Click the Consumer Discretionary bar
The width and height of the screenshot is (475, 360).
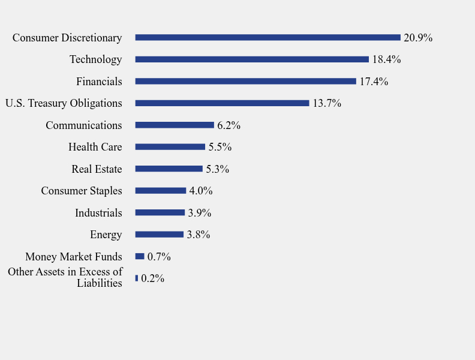267,37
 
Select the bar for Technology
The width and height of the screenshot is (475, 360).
252,59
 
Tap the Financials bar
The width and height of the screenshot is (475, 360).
245,81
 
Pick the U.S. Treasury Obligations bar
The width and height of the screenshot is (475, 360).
222,103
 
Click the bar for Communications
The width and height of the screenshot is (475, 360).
175,125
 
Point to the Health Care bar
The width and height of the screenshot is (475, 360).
170,147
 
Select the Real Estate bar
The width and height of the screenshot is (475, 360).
169,169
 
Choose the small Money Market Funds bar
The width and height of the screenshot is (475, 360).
140,256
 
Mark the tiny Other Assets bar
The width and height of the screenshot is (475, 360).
137,278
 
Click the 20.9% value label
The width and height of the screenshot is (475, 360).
418,38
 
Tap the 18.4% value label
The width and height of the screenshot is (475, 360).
386,59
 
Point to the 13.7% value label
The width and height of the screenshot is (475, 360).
327,103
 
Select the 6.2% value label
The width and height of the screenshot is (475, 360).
229,125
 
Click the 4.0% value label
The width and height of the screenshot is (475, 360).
201,191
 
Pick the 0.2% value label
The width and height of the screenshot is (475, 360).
153,278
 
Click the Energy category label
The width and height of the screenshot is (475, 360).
106,235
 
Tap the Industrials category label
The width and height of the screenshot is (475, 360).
98,213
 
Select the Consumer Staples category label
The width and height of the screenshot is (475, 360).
82,191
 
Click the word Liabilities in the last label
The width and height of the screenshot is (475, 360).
100,283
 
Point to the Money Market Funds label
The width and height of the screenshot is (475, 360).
74,257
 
